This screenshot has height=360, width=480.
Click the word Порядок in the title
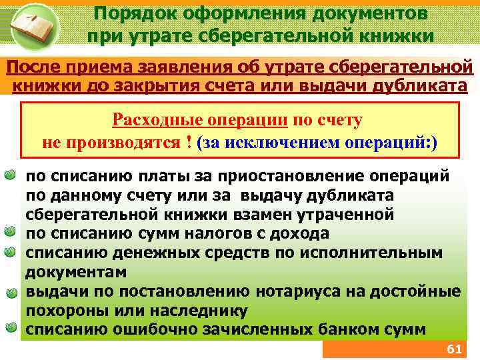pos(129,13)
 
